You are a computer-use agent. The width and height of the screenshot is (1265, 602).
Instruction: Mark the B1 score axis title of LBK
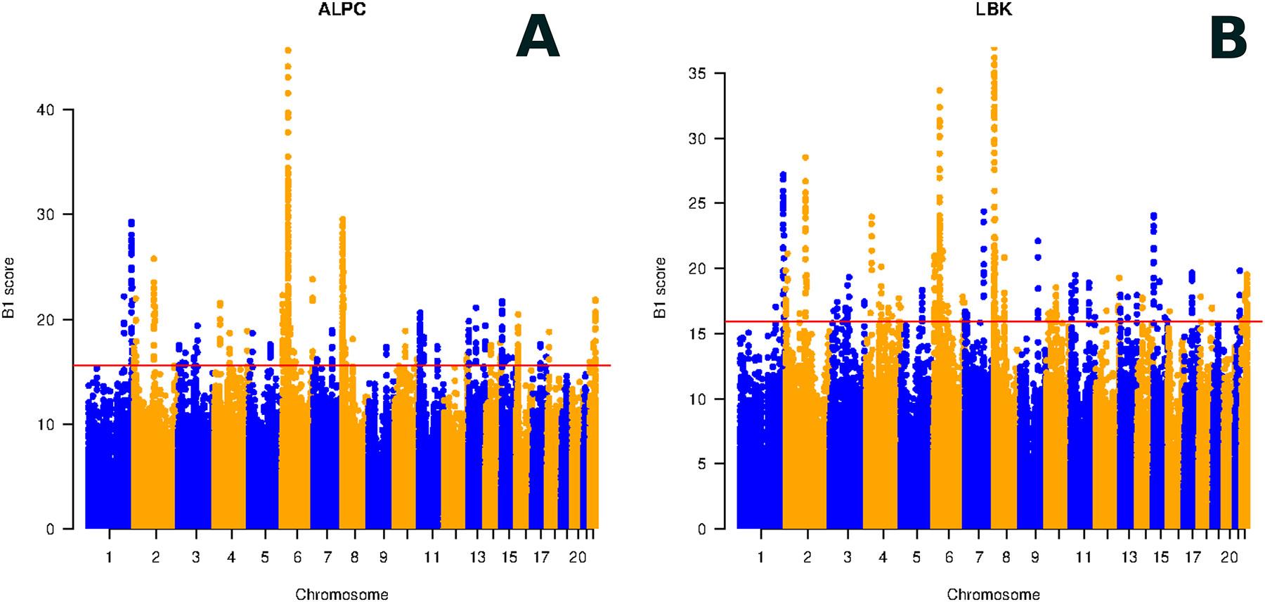point(661,288)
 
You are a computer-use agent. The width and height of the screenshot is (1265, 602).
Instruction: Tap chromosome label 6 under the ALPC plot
point(297,558)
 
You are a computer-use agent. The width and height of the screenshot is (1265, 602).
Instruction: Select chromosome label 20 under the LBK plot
point(1229,558)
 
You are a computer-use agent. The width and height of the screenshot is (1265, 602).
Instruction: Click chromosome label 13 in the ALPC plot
point(478,558)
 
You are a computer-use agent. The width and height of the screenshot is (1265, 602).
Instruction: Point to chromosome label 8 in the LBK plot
point(1006,558)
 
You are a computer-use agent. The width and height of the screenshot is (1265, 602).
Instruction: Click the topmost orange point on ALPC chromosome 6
point(287,50)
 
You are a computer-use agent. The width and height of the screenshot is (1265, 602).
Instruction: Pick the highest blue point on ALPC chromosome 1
point(131,222)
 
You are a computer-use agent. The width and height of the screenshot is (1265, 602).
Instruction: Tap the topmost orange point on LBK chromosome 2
point(805,158)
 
